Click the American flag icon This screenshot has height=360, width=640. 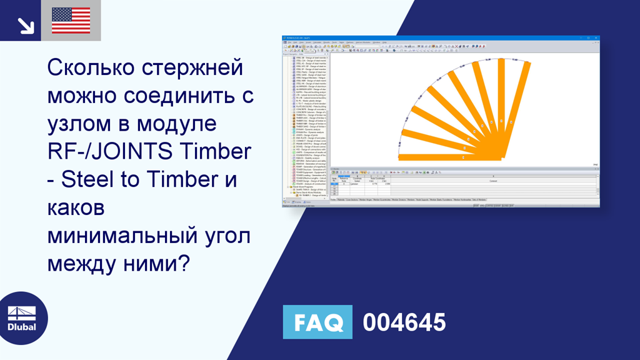pos(71,21)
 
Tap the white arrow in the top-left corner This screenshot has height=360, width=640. pos(26,25)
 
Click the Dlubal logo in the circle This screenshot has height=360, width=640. pos(21,318)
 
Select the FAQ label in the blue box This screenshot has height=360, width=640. pos(317,322)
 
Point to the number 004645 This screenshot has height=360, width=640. pos(404,322)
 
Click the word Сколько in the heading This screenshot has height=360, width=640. pos(91,68)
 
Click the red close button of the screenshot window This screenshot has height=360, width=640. pos(596,39)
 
